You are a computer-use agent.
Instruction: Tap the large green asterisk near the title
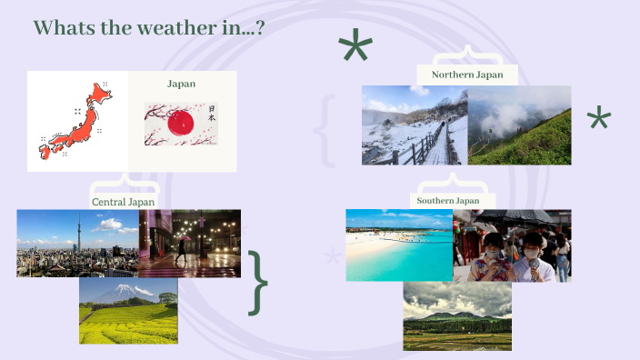pyautogui.click(x=355, y=45)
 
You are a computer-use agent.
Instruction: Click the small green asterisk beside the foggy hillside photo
pyautogui.click(x=599, y=116)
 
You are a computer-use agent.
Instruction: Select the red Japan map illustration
pyautogui.click(x=75, y=121)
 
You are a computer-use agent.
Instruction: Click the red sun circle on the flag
pyautogui.click(x=181, y=123)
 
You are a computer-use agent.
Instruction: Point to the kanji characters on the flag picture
pyautogui.click(x=212, y=113)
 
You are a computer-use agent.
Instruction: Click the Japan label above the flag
pyautogui.click(x=181, y=84)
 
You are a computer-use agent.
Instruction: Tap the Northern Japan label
pyautogui.click(x=467, y=75)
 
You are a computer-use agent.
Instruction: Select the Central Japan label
pyautogui.click(x=124, y=202)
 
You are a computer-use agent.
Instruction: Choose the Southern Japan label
pyautogui.click(x=448, y=200)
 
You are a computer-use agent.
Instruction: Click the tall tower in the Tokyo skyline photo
pyautogui.click(x=79, y=232)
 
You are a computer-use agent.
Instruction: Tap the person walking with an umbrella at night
pyautogui.click(x=180, y=249)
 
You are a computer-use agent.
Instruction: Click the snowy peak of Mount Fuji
pyautogui.click(x=123, y=290)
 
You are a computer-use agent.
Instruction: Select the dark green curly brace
pyautogui.click(x=257, y=284)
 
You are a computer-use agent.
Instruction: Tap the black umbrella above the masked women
pyautogui.click(x=515, y=218)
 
